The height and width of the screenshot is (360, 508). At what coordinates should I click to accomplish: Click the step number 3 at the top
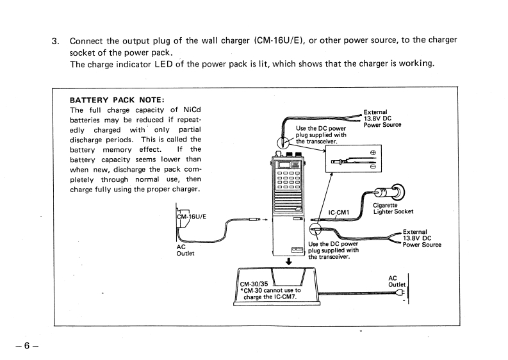(55, 40)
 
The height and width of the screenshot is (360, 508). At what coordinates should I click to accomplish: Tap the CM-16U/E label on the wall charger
(191, 215)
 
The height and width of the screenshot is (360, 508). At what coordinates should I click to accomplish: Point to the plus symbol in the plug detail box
(372, 153)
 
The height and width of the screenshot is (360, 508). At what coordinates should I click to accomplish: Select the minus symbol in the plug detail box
(372, 167)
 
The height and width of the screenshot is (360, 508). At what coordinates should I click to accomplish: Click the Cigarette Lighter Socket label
(393, 208)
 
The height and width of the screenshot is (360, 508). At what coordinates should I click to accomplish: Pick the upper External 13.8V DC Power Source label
(382, 118)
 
